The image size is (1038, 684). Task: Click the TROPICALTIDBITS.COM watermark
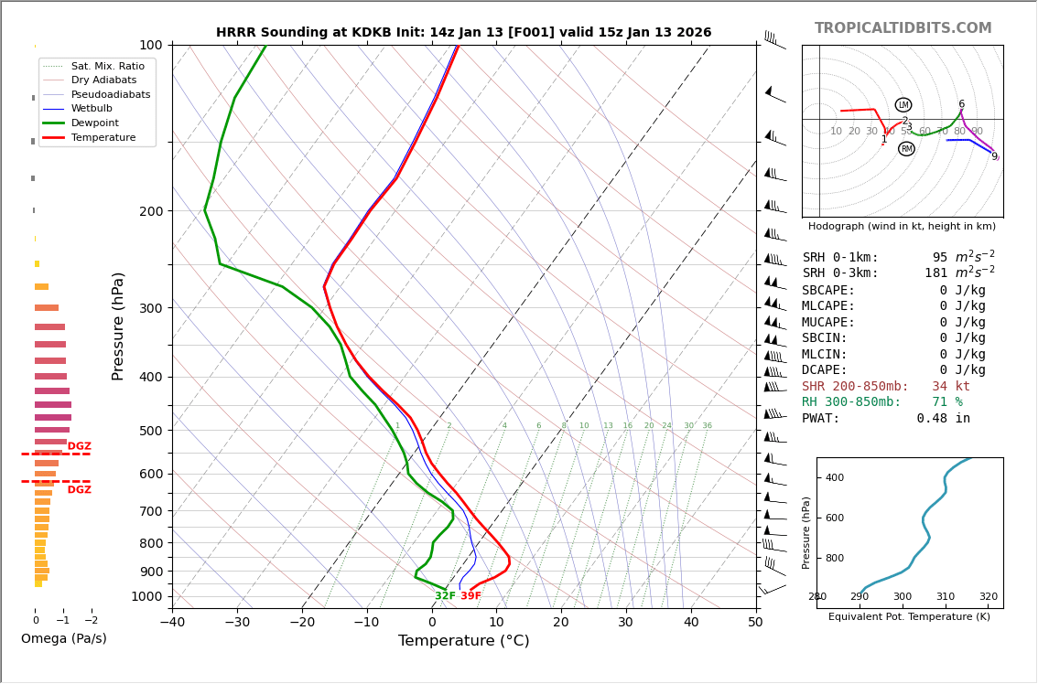tap(903, 28)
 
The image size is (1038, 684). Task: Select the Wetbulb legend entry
tap(96, 109)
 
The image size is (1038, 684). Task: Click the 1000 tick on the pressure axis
tap(146, 596)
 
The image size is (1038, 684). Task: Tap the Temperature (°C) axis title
tap(463, 641)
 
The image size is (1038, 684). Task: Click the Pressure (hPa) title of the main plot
tap(118, 326)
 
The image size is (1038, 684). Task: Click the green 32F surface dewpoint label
tap(445, 596)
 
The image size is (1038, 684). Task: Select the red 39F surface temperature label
tap(470, 596)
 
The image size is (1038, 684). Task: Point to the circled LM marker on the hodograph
tap(903, 105)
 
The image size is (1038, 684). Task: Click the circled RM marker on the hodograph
tap(906, 149)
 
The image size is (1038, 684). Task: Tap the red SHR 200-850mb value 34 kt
tap(951, 387)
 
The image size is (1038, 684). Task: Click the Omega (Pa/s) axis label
tap(63, 639)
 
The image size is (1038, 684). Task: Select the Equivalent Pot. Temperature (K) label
tap(909, 617)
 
